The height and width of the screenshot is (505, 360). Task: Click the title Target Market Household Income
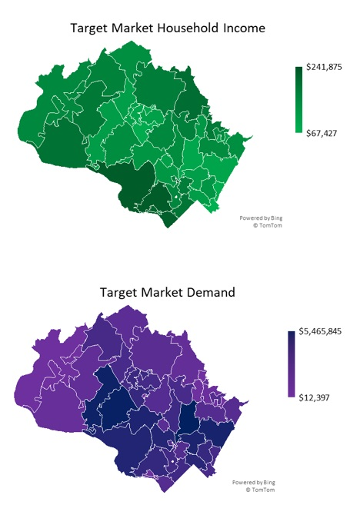click(168, 28)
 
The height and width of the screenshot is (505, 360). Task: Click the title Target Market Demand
click(168, 292)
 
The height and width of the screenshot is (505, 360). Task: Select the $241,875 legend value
click(323, 68)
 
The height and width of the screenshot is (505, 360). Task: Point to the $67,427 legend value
click(321, 133)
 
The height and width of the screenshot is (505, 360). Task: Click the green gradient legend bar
click(298, 100)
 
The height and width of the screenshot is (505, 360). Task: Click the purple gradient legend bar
click(292, 364)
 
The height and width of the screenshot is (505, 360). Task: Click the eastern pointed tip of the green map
click(252, 136)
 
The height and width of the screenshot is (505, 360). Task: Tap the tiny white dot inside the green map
click(178, 198)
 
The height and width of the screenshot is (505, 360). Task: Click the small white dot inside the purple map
click(173, 462)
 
